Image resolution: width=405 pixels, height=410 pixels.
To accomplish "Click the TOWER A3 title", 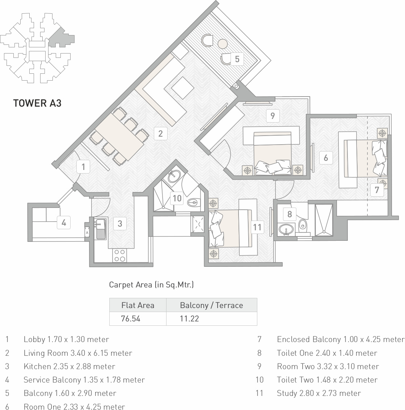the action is click(37, 103).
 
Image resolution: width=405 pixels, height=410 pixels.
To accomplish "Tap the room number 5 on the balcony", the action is click(237, 59).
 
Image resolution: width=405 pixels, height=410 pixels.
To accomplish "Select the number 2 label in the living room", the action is click(160, 133).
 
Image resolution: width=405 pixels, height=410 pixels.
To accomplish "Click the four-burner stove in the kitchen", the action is click(120, 256).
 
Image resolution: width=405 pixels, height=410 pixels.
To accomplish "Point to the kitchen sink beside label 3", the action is click(101, 229).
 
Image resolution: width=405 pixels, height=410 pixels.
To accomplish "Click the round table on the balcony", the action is click(223, 44).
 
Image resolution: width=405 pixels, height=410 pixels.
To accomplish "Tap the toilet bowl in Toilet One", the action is click(302, 225).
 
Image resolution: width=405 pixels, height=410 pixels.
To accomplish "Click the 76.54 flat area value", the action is click(130, 319).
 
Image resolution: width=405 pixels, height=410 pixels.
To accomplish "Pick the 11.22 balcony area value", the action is click(189, 319).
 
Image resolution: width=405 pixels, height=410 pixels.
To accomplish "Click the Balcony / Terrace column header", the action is click(211, 305).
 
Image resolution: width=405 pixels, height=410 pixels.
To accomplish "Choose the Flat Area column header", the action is click(138, 305).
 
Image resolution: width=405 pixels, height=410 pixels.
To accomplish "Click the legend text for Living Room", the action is click(78, 353).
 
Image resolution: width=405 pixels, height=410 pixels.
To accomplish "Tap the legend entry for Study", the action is click(319, 393).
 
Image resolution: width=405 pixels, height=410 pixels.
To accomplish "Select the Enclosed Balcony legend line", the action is click(341, 339).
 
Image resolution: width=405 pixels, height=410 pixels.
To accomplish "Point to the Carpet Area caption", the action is click(151, 285).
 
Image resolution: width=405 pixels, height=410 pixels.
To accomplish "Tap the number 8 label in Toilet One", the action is click(290, 214).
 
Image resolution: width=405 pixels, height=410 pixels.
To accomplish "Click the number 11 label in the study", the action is click(257, 227).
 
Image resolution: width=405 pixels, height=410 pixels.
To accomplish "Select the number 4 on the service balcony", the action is click(64, 222).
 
